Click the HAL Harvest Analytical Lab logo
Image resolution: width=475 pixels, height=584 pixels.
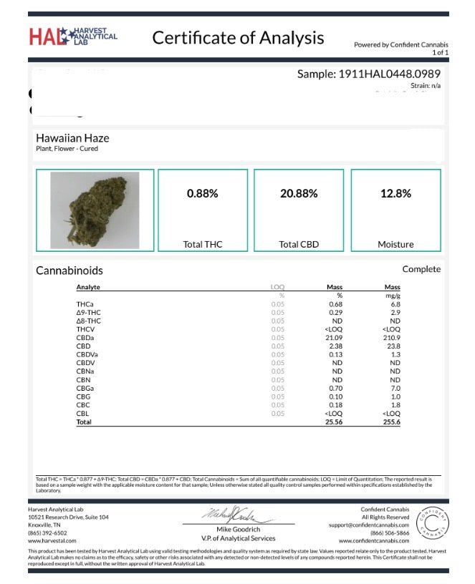[x=73, y=36]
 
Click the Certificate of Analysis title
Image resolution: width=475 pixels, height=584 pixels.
[x=238, y=38]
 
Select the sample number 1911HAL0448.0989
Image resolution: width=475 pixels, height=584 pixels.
[x=368, y=74]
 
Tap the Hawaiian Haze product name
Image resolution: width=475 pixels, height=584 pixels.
[x=72, y=137]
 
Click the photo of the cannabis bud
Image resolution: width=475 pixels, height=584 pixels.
[x=95, y=210]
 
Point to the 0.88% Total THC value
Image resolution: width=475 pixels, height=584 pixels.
[x=202, y=193]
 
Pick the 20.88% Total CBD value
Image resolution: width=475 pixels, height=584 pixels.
[x=298, y=193]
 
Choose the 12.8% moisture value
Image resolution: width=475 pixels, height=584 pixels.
[x=395, y=193]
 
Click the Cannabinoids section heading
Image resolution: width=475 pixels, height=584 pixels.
[x=69, y=271]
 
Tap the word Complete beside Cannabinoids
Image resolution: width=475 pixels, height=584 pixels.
[x=421, y=269]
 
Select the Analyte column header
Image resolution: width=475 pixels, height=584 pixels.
[x=88, y=287]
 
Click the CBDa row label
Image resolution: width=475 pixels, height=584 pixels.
[x=85, y=338]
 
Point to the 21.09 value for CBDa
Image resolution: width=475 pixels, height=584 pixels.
[x=333, y=338]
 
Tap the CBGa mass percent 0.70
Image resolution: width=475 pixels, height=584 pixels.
[x=335, y=389]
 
